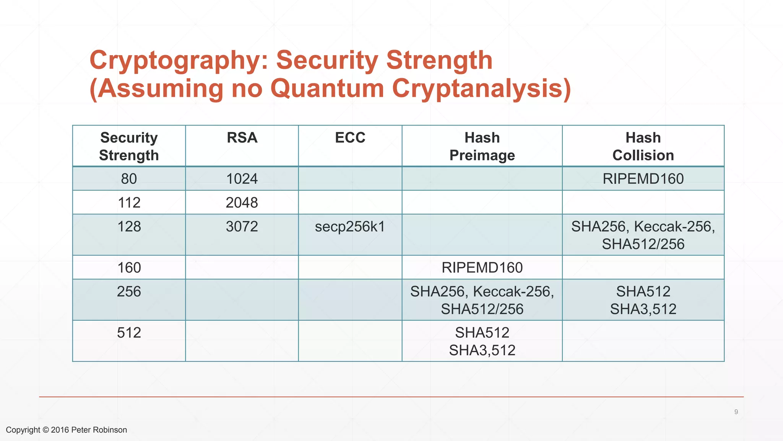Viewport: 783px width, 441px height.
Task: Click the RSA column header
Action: (x=242, y=138)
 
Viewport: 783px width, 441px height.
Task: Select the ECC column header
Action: (x=350, y=138)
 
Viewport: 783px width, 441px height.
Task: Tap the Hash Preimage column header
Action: (x=482, y=146)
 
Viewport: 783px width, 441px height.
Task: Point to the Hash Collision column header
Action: (x=643, y=146)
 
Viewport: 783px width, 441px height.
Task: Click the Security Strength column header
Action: (x=129, y=146)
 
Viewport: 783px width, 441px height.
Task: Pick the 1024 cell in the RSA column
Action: (x=242, y=179)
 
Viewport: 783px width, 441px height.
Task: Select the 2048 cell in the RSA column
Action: (x=242, y=203)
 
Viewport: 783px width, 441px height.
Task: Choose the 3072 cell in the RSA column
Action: (x=242, y=227)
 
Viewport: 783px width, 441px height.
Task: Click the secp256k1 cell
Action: (x=350, y=227)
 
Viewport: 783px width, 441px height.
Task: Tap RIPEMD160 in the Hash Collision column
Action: (x=643, y=179)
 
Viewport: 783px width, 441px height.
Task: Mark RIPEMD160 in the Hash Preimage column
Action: (x=482, y=268)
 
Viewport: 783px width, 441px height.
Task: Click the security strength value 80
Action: (x=129, y=179)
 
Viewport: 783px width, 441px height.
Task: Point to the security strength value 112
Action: (x=129, y=203)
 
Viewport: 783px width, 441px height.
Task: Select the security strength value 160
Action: (x=129, y=268)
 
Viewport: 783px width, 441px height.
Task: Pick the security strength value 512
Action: (x=129, y=333)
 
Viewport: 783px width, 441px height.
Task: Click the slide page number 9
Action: (x=736, y=412)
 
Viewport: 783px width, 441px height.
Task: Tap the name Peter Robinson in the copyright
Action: (x=99, y=430)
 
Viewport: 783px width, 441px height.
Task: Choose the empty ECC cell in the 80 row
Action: (x=350, y=179)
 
